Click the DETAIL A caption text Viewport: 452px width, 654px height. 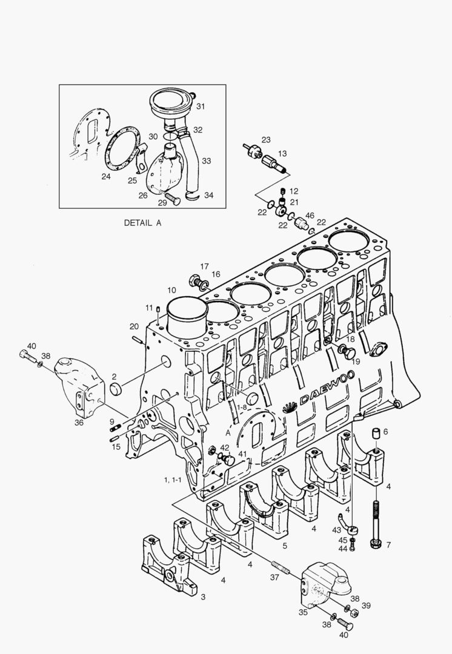click(142, 223)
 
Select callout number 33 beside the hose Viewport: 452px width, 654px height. click(207, 160)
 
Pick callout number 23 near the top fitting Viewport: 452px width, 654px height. click(266, 140)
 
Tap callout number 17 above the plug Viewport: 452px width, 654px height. click(204, 266)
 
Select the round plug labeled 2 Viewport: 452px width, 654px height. click(115, 389)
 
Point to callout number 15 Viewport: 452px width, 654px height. click(116, 447)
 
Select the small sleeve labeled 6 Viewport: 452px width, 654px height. click(376, 434)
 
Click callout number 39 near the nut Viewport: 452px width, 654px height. click(366, 605)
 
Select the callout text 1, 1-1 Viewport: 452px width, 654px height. click(173, 480)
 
